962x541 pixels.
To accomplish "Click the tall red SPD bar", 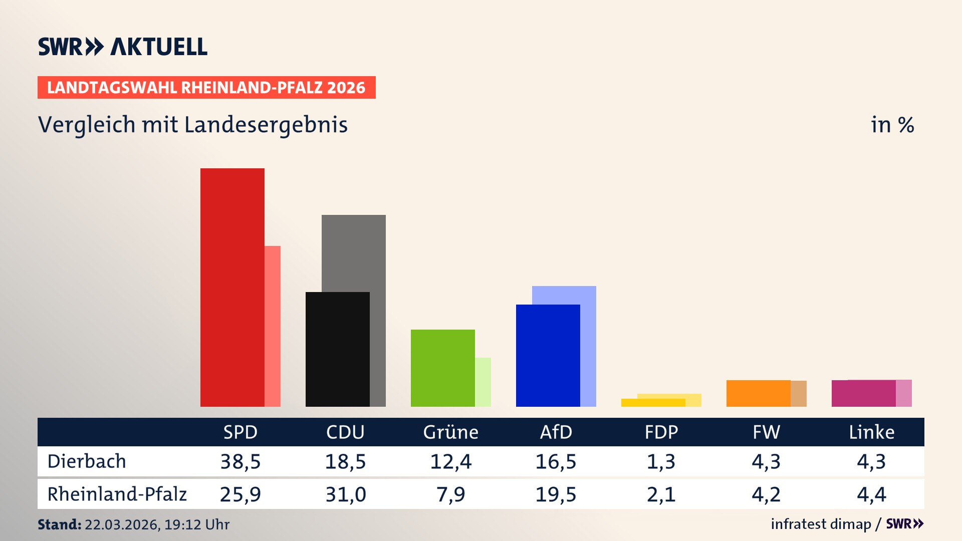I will click(232, 287).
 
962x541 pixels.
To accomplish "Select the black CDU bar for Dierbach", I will click(337, 349).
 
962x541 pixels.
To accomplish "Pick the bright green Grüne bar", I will click(442, 368).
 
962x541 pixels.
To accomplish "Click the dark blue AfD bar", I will click(548, 355).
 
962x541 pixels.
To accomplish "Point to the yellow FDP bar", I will click(653, 403).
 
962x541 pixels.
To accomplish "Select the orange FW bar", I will click(758, 393).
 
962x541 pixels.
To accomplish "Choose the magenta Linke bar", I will click(863, 393).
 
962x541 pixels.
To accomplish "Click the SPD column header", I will click(241, 432).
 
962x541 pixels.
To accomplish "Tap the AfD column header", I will click(556, 432).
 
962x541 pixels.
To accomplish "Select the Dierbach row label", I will click(87, 461).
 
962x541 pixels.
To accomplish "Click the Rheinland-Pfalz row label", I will click(117, 494).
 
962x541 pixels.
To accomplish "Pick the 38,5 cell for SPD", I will click(241, 461).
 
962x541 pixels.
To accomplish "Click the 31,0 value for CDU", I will click(346, 494).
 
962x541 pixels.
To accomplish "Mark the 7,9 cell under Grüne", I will click(450, 494).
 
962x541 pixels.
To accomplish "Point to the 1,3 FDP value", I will click(661, 461).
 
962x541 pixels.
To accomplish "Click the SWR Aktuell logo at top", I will click(122, 47).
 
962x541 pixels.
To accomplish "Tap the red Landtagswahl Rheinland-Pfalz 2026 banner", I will click(206, 88).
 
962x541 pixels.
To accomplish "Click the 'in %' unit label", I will click(892, 125).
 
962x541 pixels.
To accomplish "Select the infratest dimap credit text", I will click(821, 524).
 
